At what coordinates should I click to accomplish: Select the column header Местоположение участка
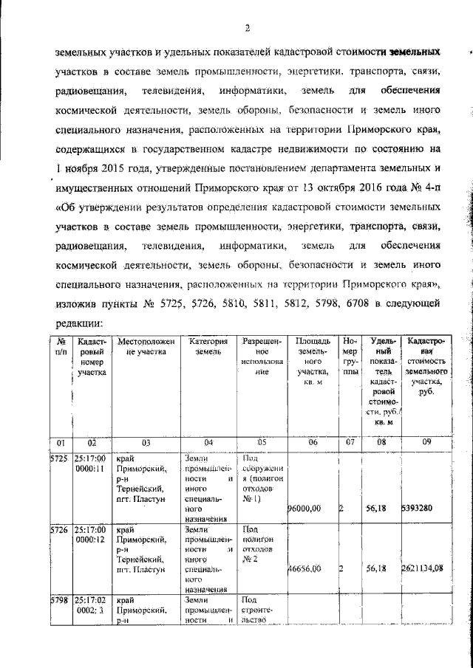[146, 347]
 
